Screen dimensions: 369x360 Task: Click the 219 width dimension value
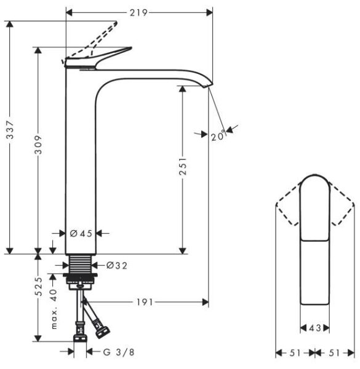[138, 12]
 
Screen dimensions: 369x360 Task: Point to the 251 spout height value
[183, 167]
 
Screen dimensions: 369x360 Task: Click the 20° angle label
[217, 137]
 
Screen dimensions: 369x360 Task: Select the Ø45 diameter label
[81, 233]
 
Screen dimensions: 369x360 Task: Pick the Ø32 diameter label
[116, 266]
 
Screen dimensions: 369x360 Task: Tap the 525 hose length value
[38, 289]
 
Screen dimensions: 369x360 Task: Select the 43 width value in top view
[315, 328]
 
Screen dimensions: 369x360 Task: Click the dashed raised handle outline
[102, 37]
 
